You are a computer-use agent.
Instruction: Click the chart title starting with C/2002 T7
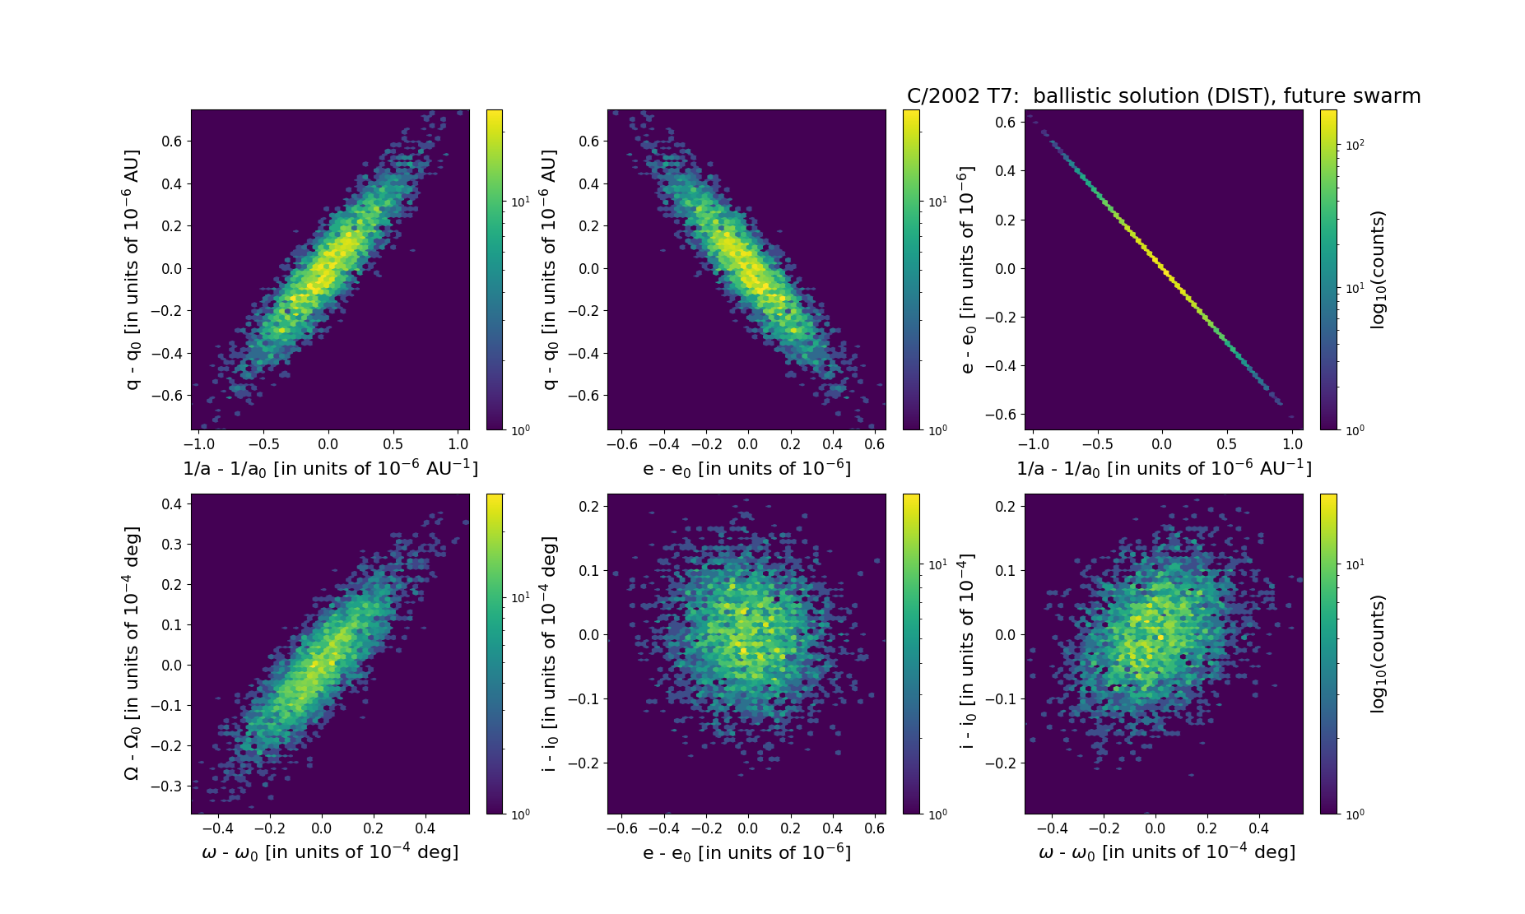1163,96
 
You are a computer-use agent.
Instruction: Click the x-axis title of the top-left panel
330,468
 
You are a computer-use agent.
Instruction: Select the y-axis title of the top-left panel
132,269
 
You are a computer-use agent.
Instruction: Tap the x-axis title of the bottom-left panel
330,852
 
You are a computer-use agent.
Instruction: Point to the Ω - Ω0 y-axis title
132,653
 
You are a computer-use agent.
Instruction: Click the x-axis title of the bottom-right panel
1167,852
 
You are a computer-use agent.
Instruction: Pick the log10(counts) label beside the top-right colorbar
1378,270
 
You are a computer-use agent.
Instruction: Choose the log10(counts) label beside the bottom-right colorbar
1378,654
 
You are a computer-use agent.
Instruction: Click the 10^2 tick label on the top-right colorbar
1355,146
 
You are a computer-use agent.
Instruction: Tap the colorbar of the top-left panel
495,269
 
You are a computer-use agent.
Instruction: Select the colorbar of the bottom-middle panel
911,653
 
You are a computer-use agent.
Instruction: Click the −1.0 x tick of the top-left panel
198,445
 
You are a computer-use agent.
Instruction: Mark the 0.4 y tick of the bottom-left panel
171,504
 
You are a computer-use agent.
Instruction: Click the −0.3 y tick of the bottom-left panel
166,786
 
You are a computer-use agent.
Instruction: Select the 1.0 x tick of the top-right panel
1292,445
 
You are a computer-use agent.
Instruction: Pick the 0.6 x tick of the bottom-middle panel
875,829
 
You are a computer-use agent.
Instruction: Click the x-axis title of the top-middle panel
746,468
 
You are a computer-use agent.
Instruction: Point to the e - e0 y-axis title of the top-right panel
968,269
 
